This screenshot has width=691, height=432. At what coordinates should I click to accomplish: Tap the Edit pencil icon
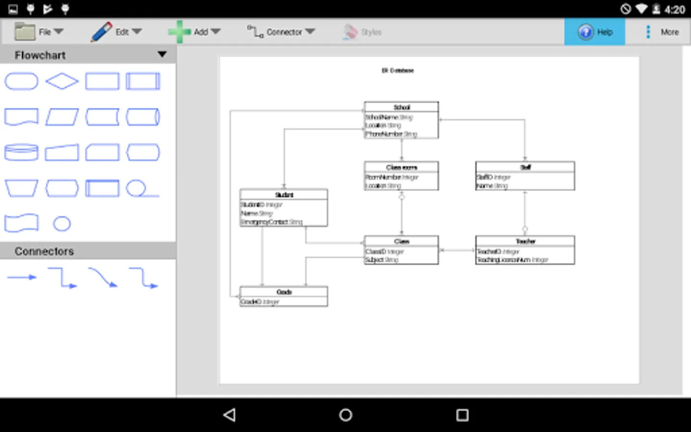[x=101, y=32]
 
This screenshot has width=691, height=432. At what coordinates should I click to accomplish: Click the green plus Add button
[x=179, y=32]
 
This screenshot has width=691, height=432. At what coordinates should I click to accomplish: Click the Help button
[x=595, y=32]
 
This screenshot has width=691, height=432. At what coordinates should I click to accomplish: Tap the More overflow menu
[x=662, y=32]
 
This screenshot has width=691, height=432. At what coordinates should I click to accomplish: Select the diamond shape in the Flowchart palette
[x=62, y=81]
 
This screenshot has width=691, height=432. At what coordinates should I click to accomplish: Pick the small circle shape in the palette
[x=62, y=224]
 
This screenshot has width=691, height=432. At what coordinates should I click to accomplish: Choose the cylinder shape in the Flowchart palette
[x=21, y=152]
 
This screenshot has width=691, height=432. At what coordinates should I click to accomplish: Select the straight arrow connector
[x=22, y=277]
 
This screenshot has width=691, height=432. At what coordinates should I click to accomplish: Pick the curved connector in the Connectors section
[x=103, y=277]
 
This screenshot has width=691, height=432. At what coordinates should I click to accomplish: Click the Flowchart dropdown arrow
[x=162, y=55]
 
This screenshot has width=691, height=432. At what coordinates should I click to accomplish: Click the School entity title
[x=401, y=107]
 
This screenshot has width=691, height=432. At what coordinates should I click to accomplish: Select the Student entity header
[x=284, y=194]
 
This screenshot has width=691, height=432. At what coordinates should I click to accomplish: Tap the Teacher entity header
[x=525, y=241]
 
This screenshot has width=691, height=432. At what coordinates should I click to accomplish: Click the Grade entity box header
[x=284, y=292]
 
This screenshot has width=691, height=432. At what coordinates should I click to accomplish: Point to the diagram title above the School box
[x=397, y=71]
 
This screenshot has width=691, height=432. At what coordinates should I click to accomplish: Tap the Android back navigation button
[x=230, y=415]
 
